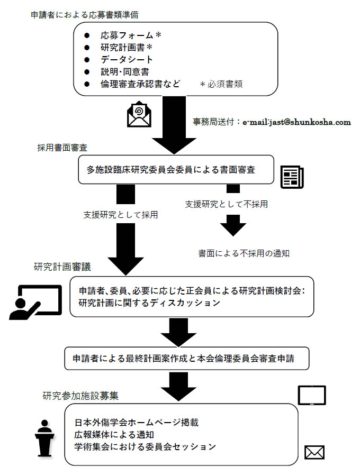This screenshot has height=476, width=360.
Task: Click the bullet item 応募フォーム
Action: point(130,35)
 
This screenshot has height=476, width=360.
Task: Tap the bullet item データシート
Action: point(127,60)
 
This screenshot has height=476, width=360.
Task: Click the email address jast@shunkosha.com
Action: point(304,122)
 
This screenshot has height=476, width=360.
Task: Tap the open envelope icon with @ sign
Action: point(139,114)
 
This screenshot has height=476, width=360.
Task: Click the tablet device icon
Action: point(312,395)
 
